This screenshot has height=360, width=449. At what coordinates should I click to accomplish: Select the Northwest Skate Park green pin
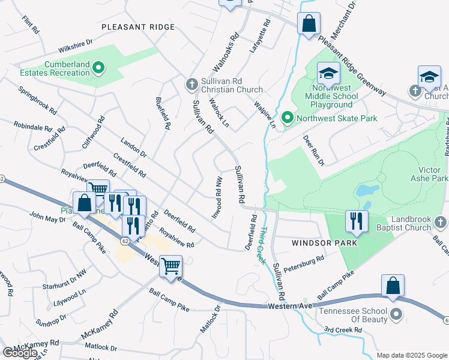288,118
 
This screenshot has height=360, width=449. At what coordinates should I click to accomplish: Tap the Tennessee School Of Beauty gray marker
396,314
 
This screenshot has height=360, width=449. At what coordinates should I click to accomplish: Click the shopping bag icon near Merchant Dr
309,25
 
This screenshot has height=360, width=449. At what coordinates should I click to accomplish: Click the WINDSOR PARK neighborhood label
324,243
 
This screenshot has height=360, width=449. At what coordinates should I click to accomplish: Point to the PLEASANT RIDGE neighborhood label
137,27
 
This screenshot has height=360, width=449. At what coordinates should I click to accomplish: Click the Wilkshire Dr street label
76,46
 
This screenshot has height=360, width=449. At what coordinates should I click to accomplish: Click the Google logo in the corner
20,353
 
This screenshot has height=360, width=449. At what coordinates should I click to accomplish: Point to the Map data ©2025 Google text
411,355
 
